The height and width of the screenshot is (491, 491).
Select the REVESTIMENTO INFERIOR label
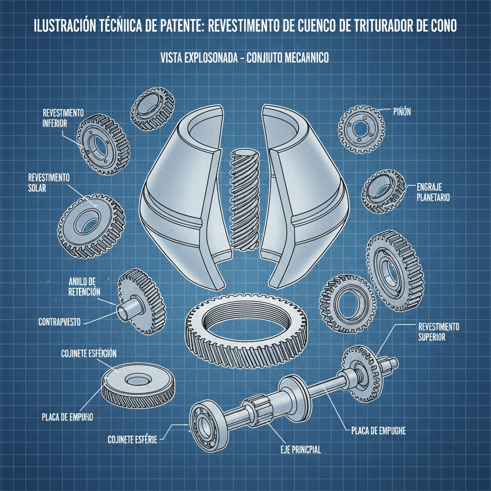coord(63,117)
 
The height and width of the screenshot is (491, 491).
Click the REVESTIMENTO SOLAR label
coord(48,183)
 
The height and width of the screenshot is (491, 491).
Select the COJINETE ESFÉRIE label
coord(132,438)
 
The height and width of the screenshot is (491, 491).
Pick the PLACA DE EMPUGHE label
coord(375,430)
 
